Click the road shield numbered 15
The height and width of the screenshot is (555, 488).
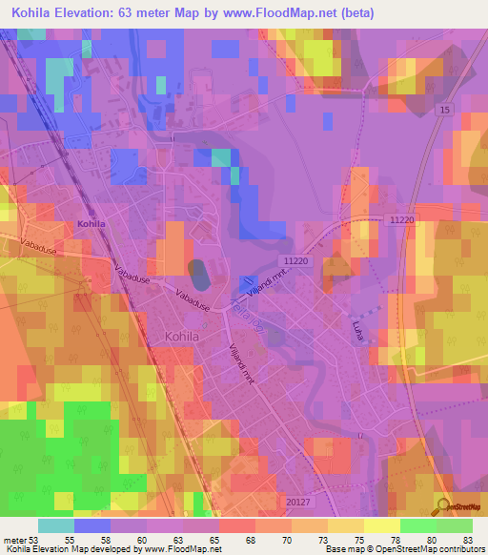444,113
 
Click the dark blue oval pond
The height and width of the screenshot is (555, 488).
199,276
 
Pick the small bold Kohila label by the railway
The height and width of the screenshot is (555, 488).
91,224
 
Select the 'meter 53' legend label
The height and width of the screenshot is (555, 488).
22,540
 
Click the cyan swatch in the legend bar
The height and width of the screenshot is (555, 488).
56,525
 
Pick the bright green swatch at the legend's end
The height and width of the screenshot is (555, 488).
455,525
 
